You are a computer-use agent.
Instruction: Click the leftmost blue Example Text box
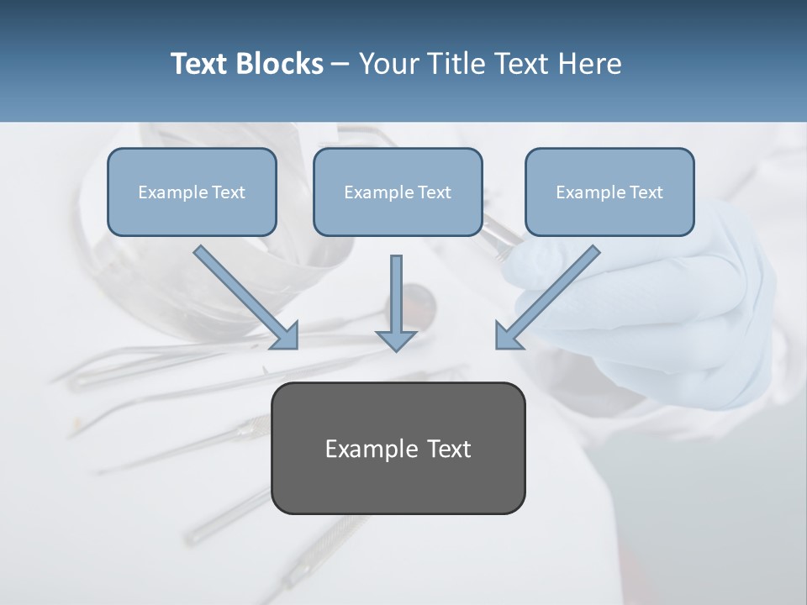[192, 192]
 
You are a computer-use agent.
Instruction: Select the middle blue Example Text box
[398, 192]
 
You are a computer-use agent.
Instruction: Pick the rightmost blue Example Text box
[609, 192]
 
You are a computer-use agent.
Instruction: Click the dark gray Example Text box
[398, 448]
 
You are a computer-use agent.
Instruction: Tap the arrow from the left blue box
[244, 294]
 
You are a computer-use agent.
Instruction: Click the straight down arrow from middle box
[396, 298]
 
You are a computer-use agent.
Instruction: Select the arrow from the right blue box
[551, 294]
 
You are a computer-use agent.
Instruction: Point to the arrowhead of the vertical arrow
[396, 339]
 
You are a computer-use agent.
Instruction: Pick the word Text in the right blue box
[646, 192]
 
